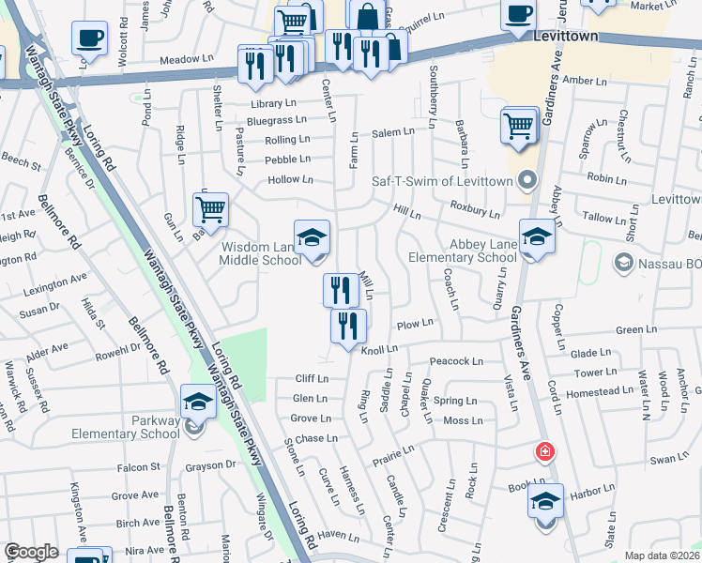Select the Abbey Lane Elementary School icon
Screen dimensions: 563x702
(x=537, y=236)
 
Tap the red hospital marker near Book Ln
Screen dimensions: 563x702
(x=543, y=452)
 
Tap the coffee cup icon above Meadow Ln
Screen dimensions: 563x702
(x=89, y=38)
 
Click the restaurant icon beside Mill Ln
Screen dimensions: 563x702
(x=341, y=289)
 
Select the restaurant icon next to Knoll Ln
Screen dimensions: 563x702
(x=348, y=326)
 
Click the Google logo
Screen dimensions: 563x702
(x=31, y=552)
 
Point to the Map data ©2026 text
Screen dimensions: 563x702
(x=663, y=555)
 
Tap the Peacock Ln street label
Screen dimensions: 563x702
(x=455, y=361)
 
